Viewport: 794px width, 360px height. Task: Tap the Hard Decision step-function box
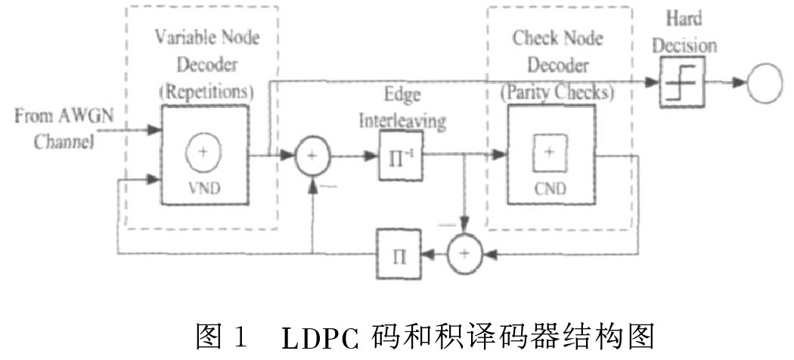pos(681,83)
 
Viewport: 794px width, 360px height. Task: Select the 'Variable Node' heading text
pos(206,37)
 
